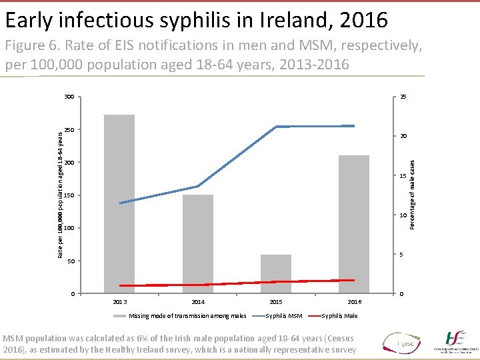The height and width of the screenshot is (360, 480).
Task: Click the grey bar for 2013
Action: (119, 204)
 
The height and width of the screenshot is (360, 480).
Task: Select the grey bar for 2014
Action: (198, 244)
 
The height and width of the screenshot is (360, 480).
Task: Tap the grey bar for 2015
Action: (276, 274)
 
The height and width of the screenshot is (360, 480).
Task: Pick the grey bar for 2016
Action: (354, 224)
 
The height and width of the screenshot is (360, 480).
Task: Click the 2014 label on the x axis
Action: (198, 302)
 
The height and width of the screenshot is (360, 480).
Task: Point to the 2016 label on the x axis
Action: (354, 302)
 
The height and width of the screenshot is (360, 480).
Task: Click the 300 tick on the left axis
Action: (69, 97)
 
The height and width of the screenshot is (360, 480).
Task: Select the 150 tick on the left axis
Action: (69, 195)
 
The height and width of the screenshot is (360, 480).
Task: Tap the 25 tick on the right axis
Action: (404, 97)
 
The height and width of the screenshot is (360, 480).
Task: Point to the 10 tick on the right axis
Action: (404, 215)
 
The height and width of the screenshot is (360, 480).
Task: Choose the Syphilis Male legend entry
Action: (339, 316)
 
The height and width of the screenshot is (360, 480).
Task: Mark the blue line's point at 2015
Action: (276, 127)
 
